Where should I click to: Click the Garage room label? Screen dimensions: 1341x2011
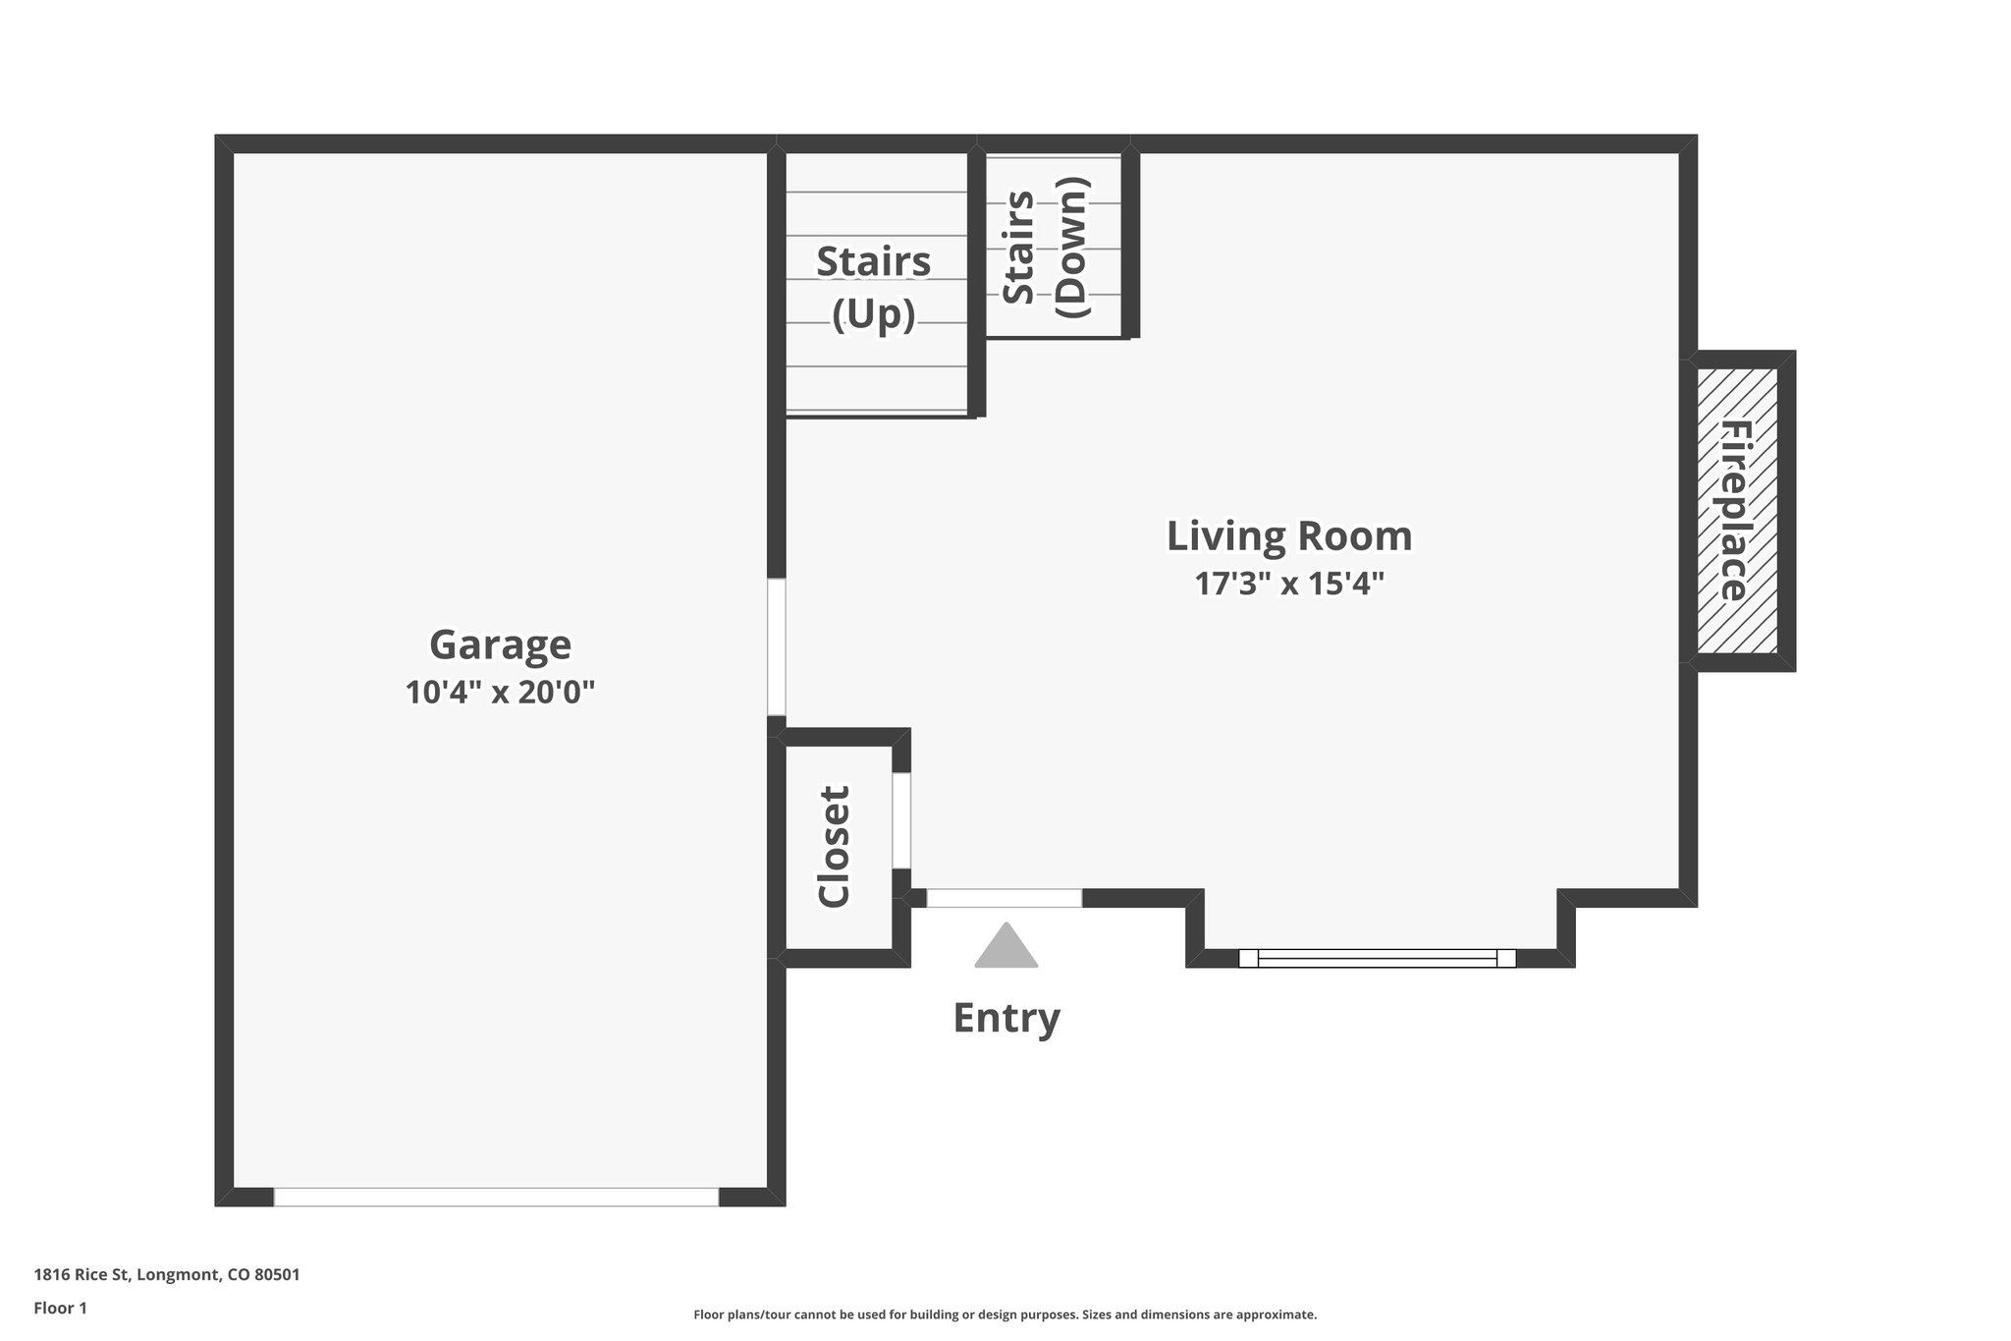pos(500,645)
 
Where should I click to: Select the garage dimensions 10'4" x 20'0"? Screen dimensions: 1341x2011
pos(500,693)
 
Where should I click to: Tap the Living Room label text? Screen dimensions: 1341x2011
pos(1288,536)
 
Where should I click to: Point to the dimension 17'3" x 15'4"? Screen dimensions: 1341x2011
pos(1288,585)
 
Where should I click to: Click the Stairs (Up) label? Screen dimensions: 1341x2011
pos(873,287)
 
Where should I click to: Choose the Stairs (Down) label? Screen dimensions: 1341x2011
pos(1045,247)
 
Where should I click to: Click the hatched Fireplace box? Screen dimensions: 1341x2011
pos(1736,511)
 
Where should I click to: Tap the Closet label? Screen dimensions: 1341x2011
pos(834,846)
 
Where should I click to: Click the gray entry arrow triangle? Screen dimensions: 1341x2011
pos(1005,947)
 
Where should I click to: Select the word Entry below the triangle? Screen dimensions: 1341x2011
pos(1005,1018)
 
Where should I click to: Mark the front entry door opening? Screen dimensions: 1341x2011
pos(1004,898)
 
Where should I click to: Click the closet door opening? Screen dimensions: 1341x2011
pos(900,820)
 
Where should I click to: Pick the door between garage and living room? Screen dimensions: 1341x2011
pos(777,646)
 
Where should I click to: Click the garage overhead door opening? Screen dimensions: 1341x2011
pos(496,1197)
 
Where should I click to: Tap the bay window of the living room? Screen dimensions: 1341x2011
pos(1377,958)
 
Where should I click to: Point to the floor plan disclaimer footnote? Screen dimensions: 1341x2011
pos(1005,1314)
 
